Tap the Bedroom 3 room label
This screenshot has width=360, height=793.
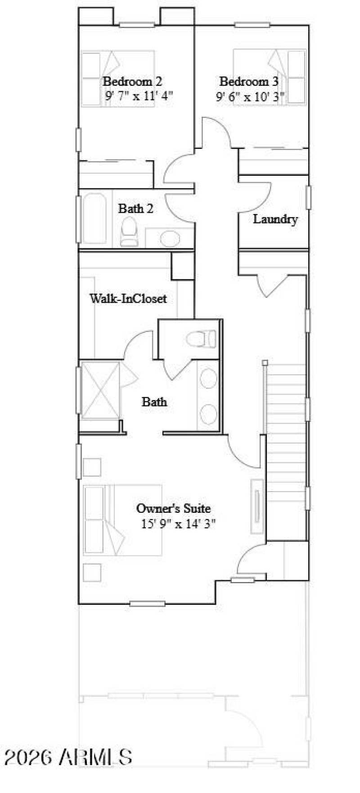point(248,81)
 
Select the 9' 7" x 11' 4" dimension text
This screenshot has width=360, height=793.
point(139,96)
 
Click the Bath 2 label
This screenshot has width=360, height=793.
point(135,209)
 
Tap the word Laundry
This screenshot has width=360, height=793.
point(275,220)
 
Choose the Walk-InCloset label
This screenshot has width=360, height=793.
point(128,298)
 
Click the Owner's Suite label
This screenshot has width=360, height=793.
point(173,508)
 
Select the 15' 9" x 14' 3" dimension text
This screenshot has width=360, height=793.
point(179,524)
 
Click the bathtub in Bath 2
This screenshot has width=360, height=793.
point(95,219)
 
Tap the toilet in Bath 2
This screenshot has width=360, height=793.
point(129,231)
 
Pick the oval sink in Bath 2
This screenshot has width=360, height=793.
point(170,239)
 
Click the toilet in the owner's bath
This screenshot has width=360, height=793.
point(202,339)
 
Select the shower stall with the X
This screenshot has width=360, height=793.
point(100,390)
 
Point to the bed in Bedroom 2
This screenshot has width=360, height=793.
point(118,78)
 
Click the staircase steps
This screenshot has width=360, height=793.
point(287,432)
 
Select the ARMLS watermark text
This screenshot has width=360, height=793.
point(67,757)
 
